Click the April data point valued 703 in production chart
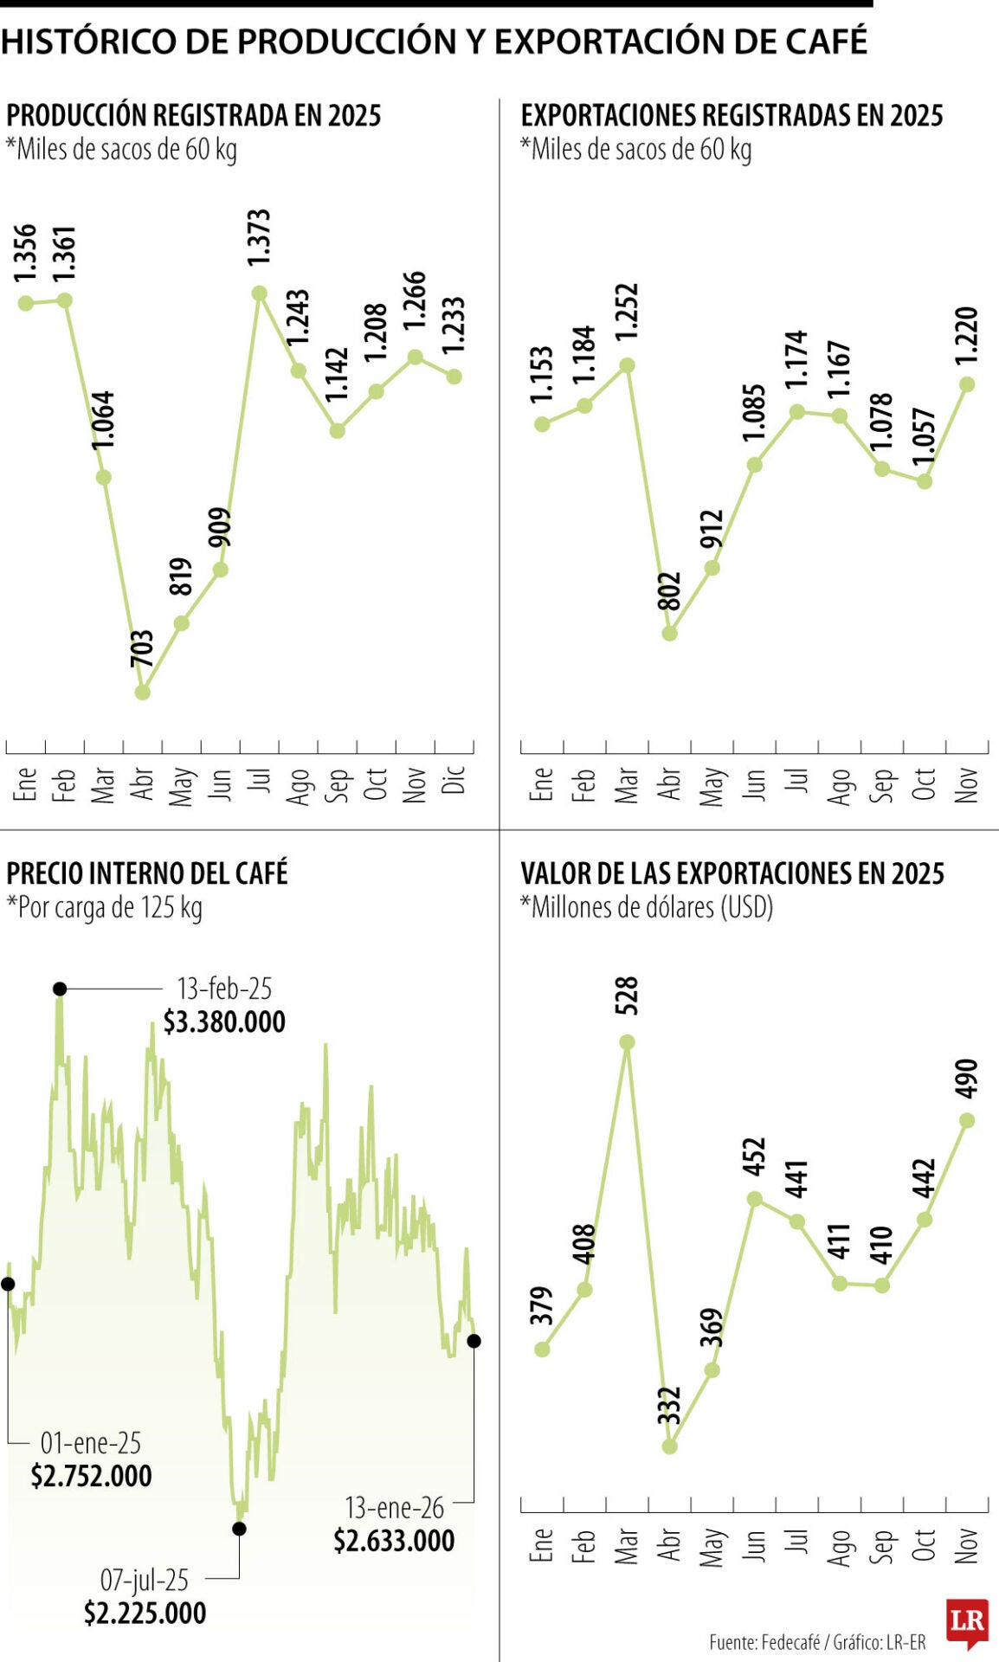(x=143, y=692)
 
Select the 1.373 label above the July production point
(x=259, y=237)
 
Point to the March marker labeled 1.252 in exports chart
(x=628, y=365)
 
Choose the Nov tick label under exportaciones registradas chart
(x=966, y=784)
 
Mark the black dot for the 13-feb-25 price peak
(x=59, y=989)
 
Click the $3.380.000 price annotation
(x=224, y=1022)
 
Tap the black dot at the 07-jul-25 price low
(x=240, y=1529)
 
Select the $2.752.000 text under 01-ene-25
(x=91, y=1476)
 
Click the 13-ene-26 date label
(x=394, y=1508)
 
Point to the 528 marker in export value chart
(x=628, y=1042)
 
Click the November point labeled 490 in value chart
(x=968, y=1120)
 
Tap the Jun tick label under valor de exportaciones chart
(x=754, y=1544)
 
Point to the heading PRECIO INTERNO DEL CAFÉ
(x=147, y=873)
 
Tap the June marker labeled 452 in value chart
(x=755, y=1199)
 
